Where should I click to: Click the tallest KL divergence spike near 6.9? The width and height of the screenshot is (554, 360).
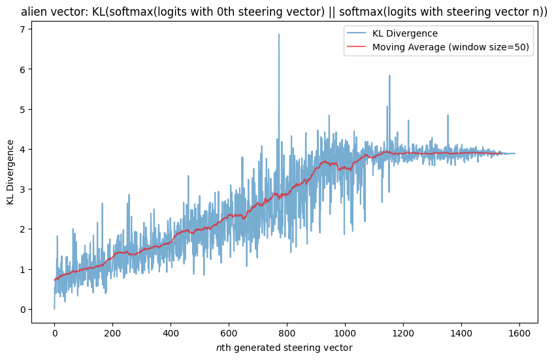click(x=279, y=35)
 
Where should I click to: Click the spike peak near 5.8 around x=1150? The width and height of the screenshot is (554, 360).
click(x=389, y=76)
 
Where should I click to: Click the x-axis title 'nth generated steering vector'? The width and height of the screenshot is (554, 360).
click(x=284, y=348)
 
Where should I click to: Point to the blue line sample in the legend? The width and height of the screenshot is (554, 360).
click(x=361, y=33)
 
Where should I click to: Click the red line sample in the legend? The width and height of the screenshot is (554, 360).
click(x=361, y=47)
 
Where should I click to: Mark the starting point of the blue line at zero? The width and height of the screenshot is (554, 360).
click(x=54, y=309)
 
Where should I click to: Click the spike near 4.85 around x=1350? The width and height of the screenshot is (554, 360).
click(x=448, y=115)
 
